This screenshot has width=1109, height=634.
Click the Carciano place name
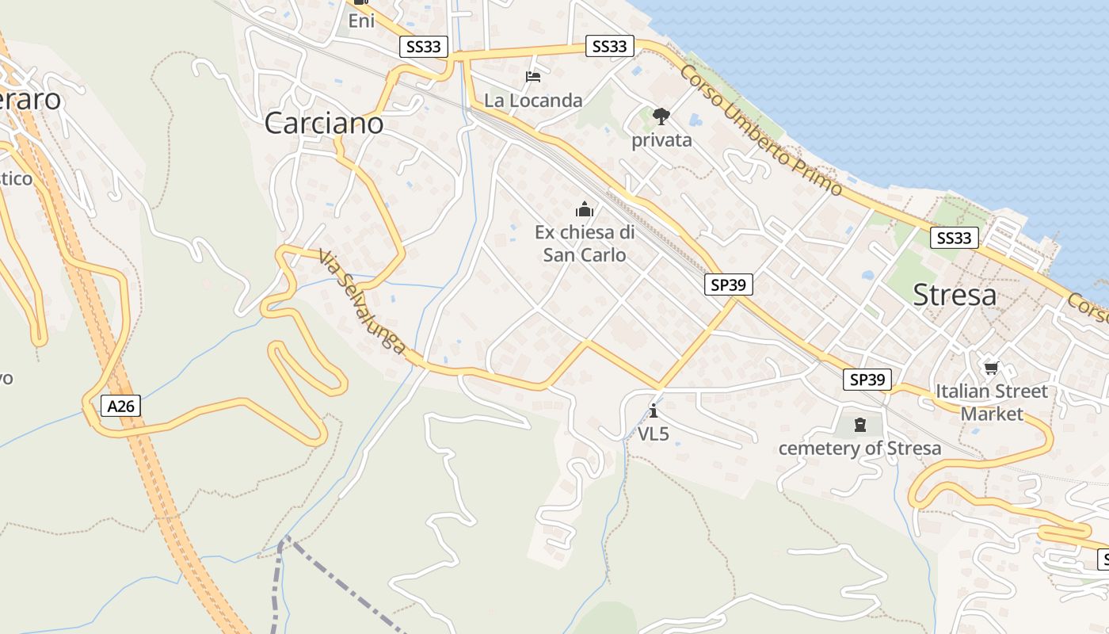[x=323, y=123]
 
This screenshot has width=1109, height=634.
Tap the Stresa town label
[x=955, y=295]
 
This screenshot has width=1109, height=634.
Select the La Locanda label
[x=533, y=101]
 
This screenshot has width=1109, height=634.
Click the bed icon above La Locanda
[x=533, y=77]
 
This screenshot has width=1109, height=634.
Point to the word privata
[x=661, y=140]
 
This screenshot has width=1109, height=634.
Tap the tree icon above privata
[x=661, y=116]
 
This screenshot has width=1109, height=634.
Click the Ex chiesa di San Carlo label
[x=585, y=243]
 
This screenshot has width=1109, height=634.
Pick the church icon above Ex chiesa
[x=585, y=209]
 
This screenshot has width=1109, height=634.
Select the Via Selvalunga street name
[x=363, y=302]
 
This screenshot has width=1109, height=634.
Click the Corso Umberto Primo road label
[x=760, y=130]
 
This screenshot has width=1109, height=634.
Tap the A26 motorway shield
[x=121, y=407]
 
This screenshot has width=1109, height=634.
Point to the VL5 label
[x=654, y=433]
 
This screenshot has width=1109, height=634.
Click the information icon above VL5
[x=653, y=411]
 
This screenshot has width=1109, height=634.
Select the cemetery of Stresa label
[x=859, y=449]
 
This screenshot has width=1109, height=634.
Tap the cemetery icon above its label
[x=859, y=426]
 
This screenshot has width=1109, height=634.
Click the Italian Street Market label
[x=992, y=402]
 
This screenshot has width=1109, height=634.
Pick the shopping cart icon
[x=991, y=368]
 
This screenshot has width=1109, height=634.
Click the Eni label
[x=361, y=21]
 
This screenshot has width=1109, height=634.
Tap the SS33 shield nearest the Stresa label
[x=954, y=238]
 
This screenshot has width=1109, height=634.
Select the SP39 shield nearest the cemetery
[x=867, y=380]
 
